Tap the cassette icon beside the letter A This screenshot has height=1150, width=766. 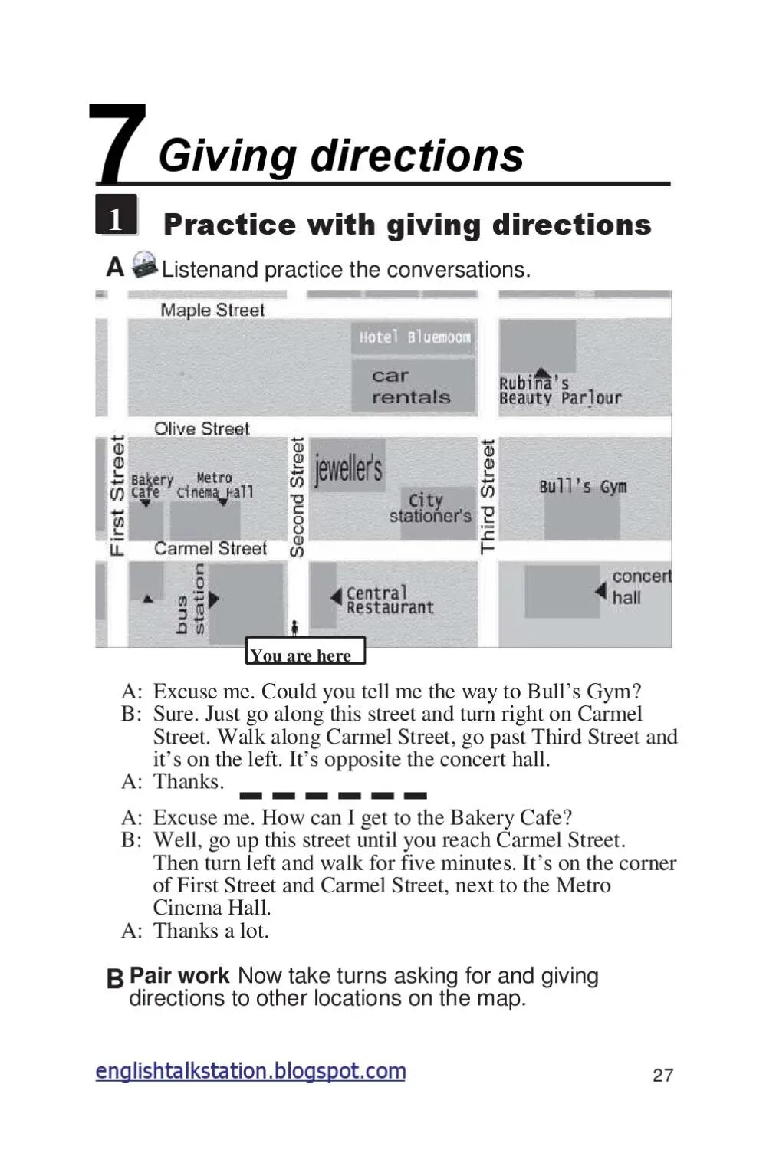tap(143, 264)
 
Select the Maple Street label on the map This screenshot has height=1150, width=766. tap(212, 310)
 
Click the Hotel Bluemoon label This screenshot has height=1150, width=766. tap(414, 337)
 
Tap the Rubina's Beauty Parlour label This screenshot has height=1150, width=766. tap(559, 390)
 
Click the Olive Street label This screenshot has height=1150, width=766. tap(202, 429)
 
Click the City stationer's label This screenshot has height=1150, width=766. tap(429, 508)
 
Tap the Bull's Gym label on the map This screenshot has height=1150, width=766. tap(582, 486)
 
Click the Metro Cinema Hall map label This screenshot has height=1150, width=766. tap(215, 485)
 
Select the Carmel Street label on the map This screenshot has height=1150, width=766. tap(210, 548)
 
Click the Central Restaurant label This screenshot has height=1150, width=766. tap(389, 600)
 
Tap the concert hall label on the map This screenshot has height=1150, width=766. tap(640, 586)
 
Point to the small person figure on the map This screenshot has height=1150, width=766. tap(295, 628)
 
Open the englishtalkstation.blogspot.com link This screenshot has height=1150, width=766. tap(251, 1071)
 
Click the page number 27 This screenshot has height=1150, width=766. tap(662, 1075)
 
